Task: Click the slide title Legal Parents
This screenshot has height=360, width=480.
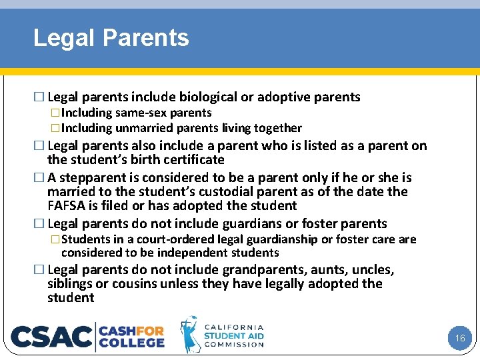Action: click(111, 38)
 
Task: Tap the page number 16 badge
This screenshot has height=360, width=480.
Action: click(459, 338)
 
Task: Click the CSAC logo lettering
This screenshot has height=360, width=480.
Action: click(51, 337)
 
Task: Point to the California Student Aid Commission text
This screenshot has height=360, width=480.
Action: click(233, 336)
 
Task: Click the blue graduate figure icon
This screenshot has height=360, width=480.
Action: click(190, 335)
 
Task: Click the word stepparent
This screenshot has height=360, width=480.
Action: click(90, 178)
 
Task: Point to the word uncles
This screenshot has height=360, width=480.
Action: click(372, 270)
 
